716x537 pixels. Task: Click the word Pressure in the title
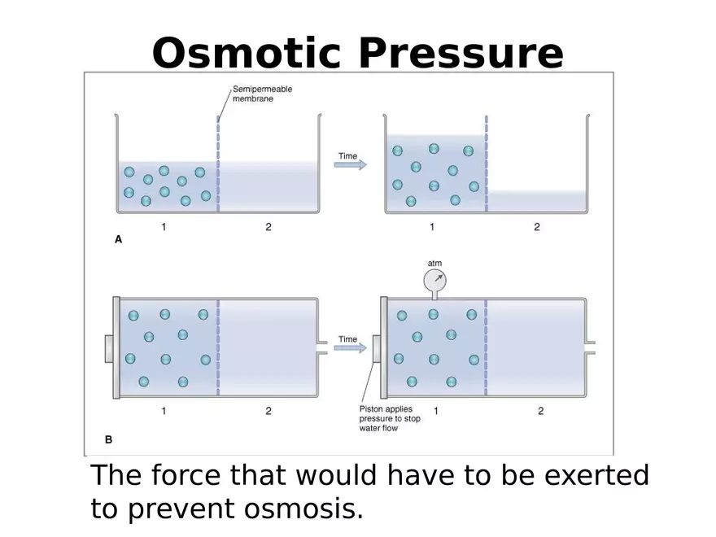pos(461,54)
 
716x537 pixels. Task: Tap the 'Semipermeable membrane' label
pos(262,94)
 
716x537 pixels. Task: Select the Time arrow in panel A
pos(350,164)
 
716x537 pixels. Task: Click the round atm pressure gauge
pos(434,282)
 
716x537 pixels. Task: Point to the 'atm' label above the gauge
pos(434,263)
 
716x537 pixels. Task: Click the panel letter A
pos(118,240)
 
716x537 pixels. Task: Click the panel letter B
pos(108,439)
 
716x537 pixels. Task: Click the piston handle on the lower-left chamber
pos(108,348)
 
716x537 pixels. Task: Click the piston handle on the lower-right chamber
pos(377,348)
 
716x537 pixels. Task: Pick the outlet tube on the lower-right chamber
pos(591,347)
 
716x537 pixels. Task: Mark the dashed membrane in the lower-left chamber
pos(218,347)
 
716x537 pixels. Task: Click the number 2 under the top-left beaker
pos(268,227)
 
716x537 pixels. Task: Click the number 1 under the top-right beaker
pos(431,227)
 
